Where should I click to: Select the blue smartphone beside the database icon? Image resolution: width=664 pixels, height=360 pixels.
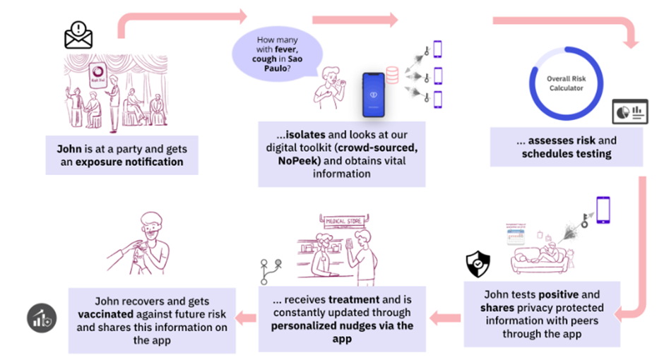[376, 94]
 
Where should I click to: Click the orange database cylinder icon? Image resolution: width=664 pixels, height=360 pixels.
[392, 74]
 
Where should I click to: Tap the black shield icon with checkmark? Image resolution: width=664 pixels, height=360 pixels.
[478, 265]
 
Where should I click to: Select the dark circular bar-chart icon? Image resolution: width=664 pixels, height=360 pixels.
[42, 319]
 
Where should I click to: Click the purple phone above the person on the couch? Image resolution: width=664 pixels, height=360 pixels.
[603, 210]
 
